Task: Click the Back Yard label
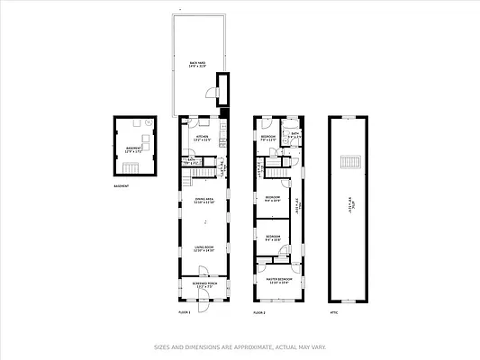point(191,64)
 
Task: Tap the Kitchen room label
point(202,139)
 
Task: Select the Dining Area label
point(204,201)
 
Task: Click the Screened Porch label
point(204,285)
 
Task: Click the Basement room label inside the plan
point(132,149)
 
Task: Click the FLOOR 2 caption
point(259,312)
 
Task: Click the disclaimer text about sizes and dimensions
point(240,346)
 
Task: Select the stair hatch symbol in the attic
point(349,162)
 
